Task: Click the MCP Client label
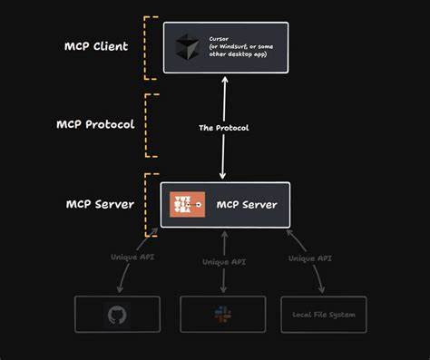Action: tap(96, 46)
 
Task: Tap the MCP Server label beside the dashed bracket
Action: tap(100, 204)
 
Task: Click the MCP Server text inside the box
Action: tap(247, 205)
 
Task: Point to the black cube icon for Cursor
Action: tap(186, 47)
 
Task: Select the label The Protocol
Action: tap(223, 128)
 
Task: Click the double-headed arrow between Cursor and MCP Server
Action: tap(223, 100)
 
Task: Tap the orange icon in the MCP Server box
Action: tap(187, 205)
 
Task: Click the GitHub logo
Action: tap(117, 315)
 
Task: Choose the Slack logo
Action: tap(222, 315)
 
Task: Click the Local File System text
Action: tap(324, 315)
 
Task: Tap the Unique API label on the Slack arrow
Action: tap(223, 262)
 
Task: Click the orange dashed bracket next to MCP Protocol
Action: tap(148, 124)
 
